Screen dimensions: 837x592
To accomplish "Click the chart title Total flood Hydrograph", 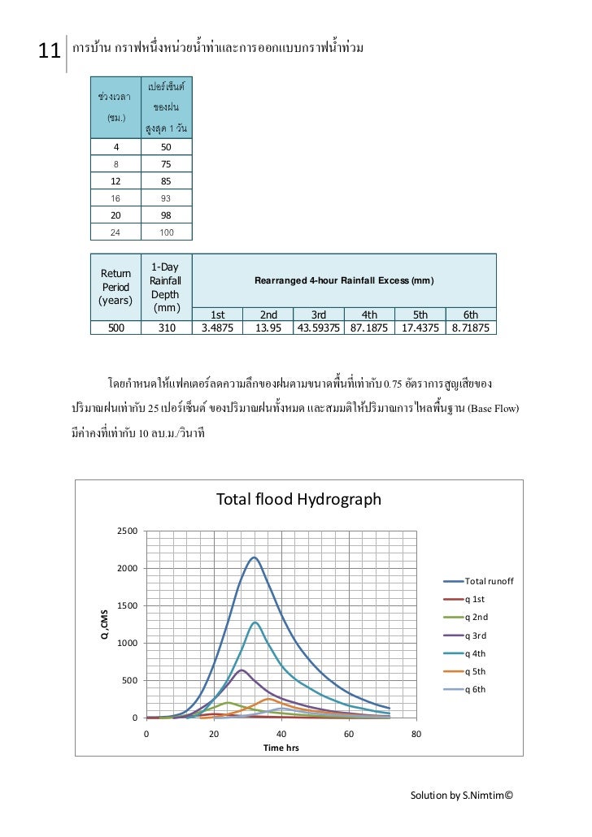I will coord(298,499).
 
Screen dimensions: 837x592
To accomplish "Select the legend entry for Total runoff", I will coord(488,582).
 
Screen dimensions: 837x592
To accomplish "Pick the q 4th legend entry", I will coord(477,653).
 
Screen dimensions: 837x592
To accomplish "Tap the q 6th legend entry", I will coord(477,690).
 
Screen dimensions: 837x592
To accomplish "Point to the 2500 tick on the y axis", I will coord(124,531).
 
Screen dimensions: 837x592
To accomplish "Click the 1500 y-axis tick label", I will coord(124,606).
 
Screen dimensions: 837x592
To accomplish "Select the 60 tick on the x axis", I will coord(348,735).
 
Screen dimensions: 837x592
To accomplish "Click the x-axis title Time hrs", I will coord(281,748).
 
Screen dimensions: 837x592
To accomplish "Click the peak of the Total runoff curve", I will coord(255,557).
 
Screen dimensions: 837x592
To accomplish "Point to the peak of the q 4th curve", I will coord(255,622).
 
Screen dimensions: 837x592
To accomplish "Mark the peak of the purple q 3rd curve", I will coord(241,670).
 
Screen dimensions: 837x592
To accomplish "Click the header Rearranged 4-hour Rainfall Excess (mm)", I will coord(344,280).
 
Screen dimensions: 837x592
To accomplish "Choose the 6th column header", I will coord(471,315).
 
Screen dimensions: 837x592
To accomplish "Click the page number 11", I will coord(50,52).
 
